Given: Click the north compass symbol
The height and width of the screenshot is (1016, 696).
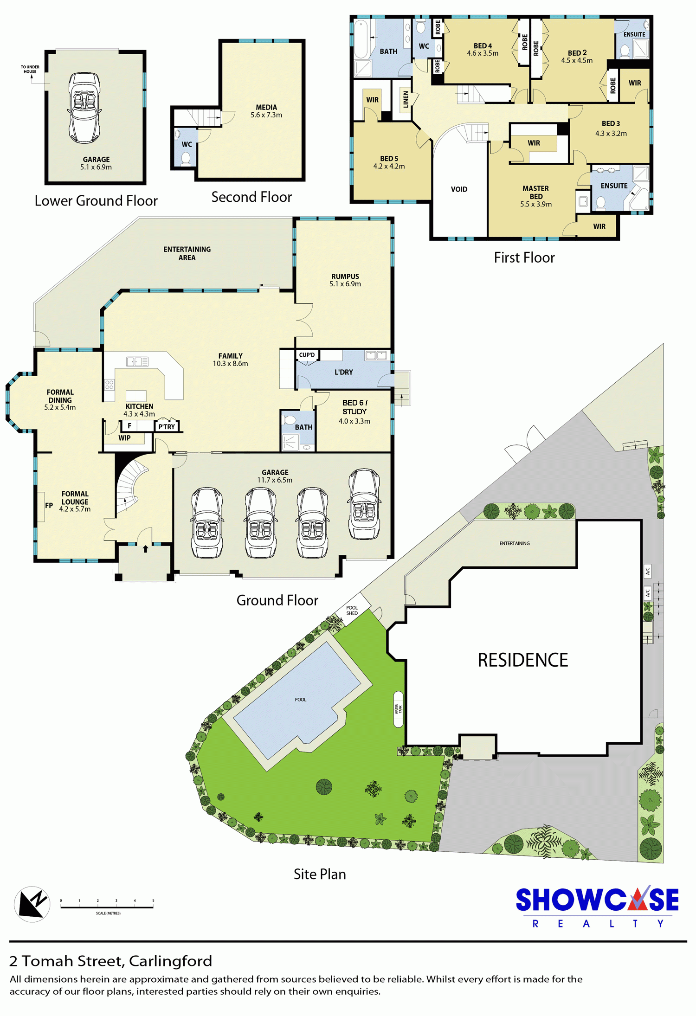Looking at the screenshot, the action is click(32, 904).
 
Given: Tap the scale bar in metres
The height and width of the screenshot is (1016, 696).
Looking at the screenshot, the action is click(107, 907).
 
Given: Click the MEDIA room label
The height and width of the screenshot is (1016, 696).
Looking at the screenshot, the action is click(266, 107).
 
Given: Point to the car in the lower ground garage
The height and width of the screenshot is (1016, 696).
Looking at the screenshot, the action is click(84, 108).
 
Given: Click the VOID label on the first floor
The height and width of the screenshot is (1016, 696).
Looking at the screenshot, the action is click(459, 189).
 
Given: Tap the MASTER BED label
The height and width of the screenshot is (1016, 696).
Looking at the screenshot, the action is click(536, 193).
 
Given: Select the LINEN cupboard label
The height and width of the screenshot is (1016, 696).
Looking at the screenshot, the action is click(406, 99).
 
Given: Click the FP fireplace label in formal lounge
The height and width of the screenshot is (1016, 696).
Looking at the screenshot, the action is click(49, 505).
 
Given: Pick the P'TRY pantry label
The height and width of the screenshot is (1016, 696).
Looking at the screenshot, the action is click(167, 427).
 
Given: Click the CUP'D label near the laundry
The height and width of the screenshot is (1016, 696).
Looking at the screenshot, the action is click(307, 355).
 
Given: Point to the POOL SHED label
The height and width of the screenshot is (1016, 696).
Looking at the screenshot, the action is click(352, 611).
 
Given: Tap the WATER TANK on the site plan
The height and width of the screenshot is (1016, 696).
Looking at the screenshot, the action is click(399, 709).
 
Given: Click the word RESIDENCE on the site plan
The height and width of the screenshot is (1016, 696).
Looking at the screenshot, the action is click(523, 660).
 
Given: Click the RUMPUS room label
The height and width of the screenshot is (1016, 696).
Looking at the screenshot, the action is click(345, 276).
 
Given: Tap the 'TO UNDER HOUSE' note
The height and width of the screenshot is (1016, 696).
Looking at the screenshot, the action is click(30, 69).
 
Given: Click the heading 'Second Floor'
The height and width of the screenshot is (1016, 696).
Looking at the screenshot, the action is click(251, 197).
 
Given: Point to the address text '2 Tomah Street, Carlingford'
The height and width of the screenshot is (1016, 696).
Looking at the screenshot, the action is click(110, 961).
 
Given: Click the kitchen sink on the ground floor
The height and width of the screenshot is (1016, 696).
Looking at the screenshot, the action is click(137, 361).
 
